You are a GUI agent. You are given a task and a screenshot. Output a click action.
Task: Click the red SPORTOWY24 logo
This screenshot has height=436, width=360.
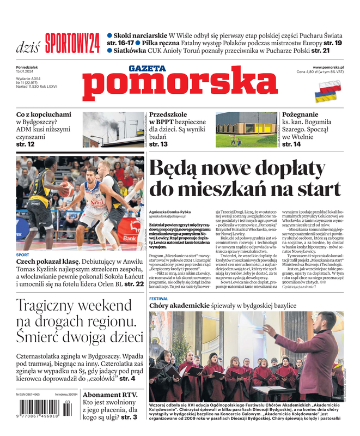pyautogui.click(x=72, y=43)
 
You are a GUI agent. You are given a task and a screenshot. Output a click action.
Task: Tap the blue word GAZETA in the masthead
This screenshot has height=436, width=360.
pyautogui.click(x=147, y=68)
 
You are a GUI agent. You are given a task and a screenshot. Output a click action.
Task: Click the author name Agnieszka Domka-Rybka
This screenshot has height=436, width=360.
pyautogui.click(x=172, y=211)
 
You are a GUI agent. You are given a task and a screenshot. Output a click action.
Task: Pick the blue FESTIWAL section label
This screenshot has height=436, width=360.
pyautogui.click(x=158, y=299)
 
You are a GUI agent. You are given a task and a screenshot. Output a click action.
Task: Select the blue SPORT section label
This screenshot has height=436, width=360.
pyautogui.click(x=23, y=255)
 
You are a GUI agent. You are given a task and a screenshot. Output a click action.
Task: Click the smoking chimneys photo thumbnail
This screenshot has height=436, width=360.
pyautogui.click(x=113, y=130)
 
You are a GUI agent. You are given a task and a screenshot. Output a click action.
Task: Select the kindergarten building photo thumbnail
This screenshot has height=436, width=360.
pyautogui.click(x=246, y=130)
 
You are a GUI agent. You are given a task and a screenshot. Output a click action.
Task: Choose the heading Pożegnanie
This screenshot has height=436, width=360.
pyautogui.click(x=308, y=115)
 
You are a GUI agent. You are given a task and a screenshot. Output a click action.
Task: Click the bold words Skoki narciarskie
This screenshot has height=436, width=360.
pyautogui.click(x=137, y=35)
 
